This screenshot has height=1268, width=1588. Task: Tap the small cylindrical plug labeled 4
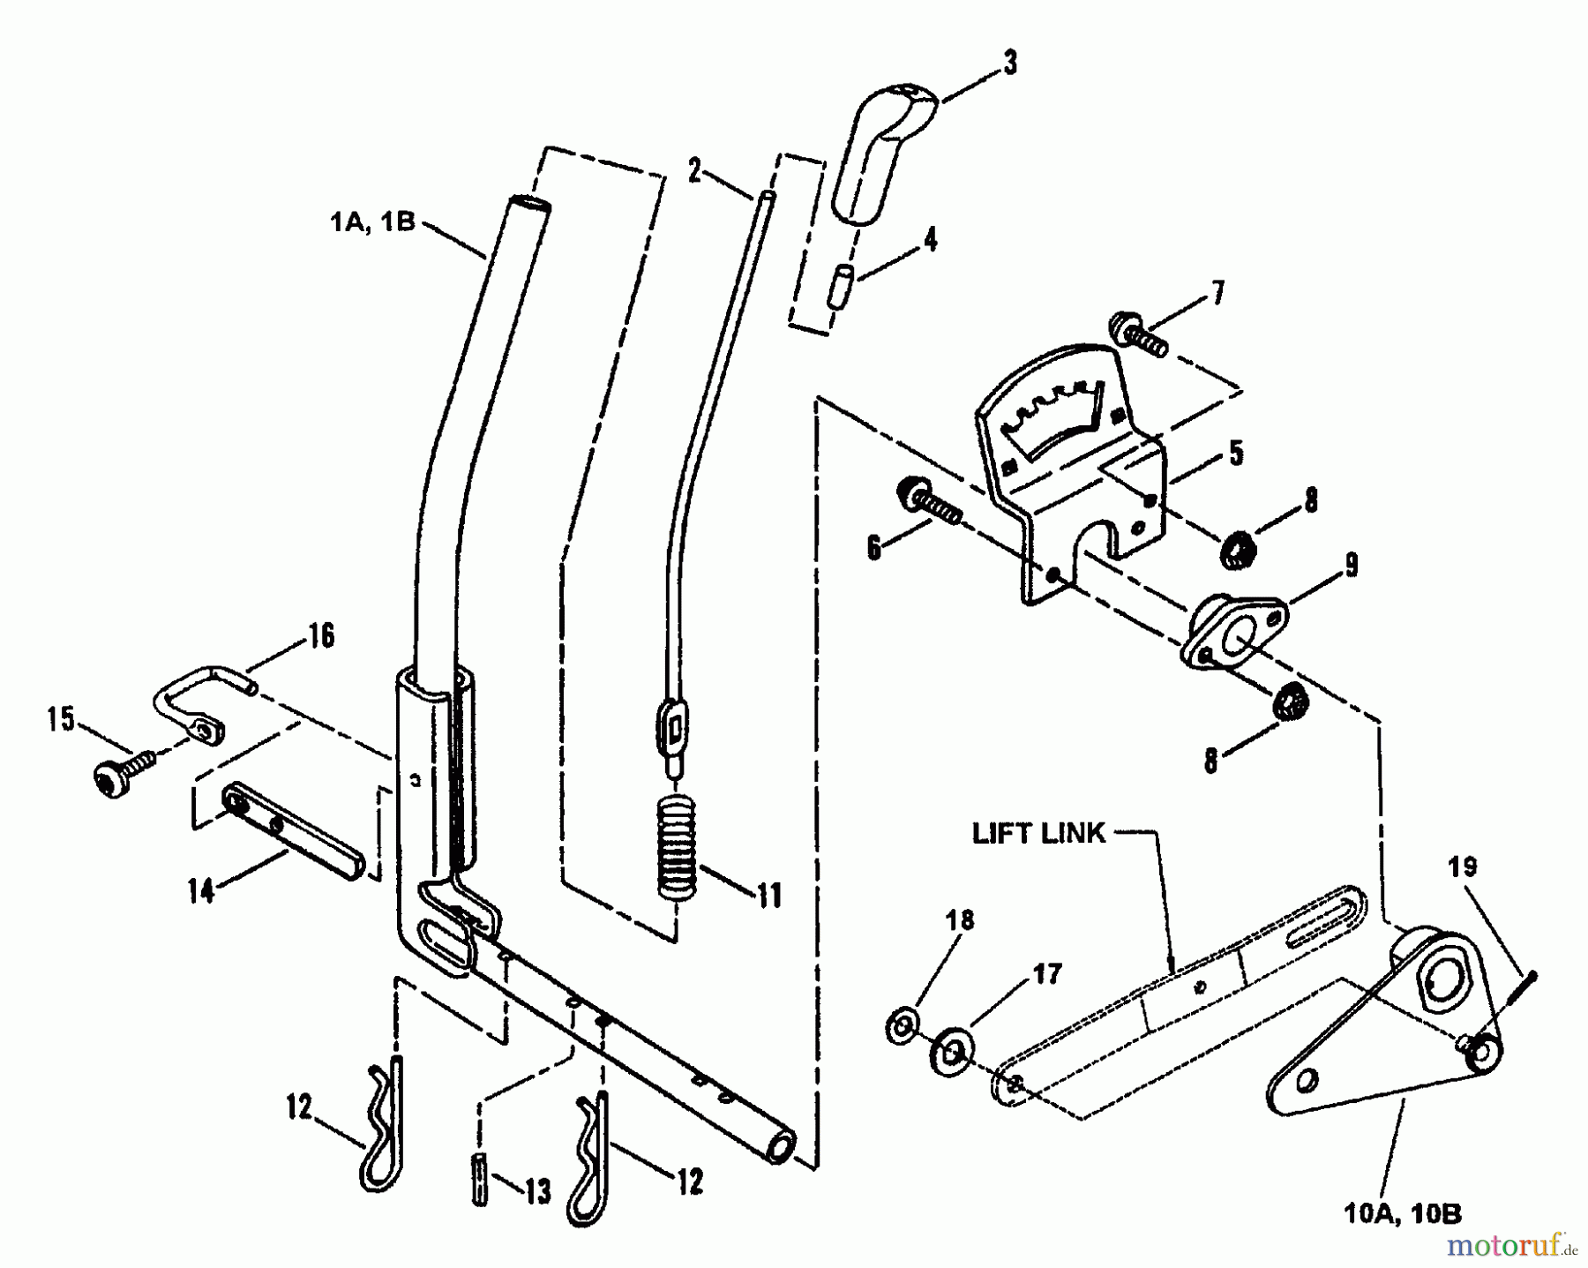tap(837, 284)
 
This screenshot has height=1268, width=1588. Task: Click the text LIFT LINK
tap(1037, 834)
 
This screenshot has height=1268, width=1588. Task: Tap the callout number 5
tap(1235, 453)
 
